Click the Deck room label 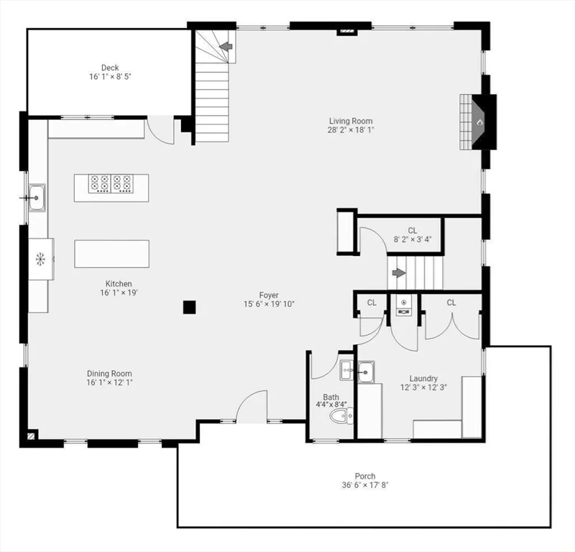pyautogui.click(x=110, y=68)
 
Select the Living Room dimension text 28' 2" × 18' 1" pyautogui.click(x=351, y=130)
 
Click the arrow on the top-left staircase pyautogui.click(x=226, y=47)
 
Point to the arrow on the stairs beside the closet pyautogui.click(x=397, y=273)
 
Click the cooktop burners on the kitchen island pyautogui.click(x=111, y=183)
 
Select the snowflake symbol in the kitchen pyautogui.click(x=40, y=257)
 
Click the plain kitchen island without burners pyautogui.click(x=111, y=253)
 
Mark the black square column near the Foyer pyautogui.click(x=189, y=307)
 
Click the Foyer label pyautogui.click(x=269, y=295)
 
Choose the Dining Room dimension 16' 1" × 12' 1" pyautogui.click(x=109, y=382)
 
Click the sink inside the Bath pyautogui.click(x=346, y=371)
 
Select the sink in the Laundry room pyautogui.click(x=367, y=372)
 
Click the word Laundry pyautogui.click(x=423, y=379)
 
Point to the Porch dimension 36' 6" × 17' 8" pyautogui.click(x=364, y=485)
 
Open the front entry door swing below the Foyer pyautogui.click(x=252, y=406)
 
